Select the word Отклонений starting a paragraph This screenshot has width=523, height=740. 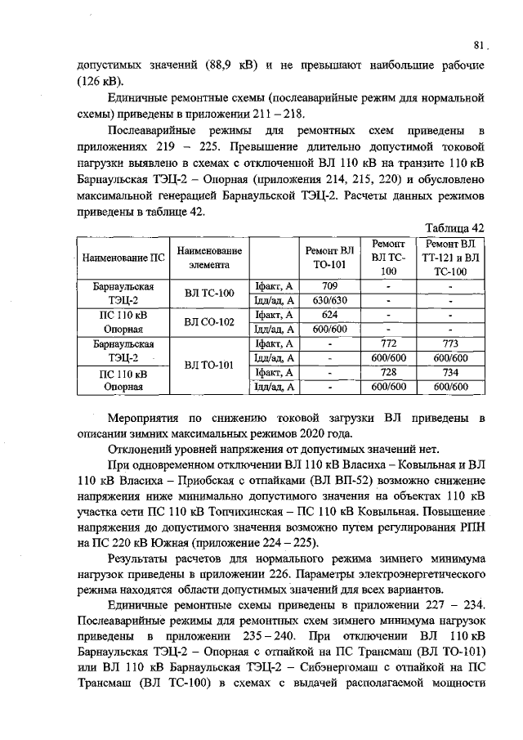[145, 450]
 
